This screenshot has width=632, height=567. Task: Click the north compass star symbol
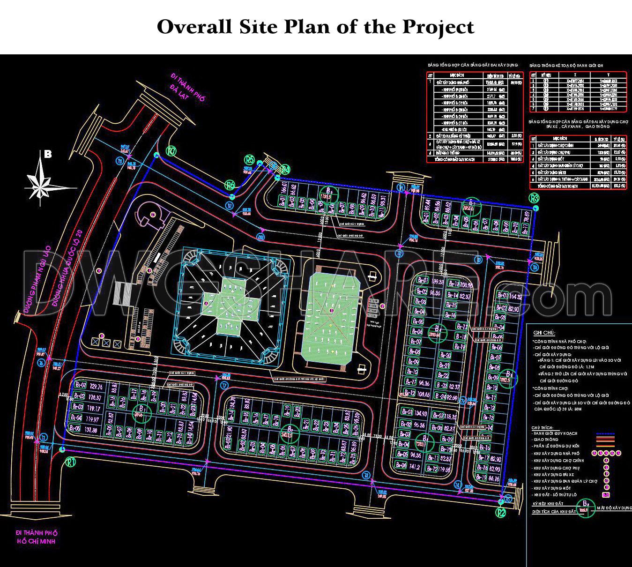45,181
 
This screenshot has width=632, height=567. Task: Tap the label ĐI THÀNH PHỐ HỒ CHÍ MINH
36,537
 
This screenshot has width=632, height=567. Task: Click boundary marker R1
72,462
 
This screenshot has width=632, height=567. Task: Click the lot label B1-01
81,386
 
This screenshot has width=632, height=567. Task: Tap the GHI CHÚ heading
544,333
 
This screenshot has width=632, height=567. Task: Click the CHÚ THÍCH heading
542,427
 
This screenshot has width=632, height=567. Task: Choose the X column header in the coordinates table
575,75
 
